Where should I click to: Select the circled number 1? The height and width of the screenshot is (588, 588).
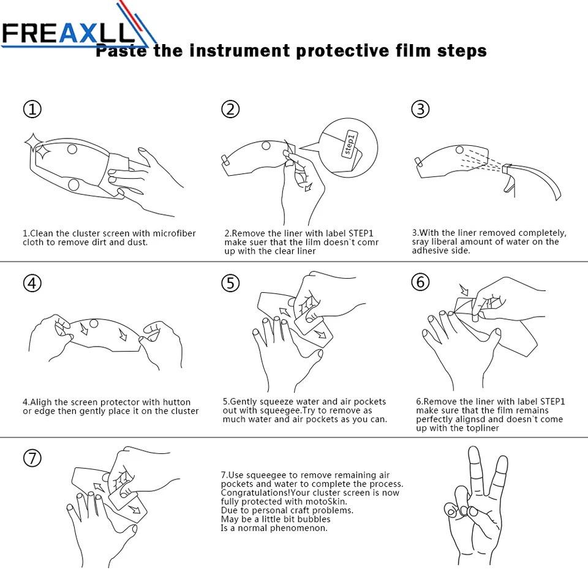(x=32, y=109)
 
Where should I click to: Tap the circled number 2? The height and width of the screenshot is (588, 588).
(x=230, y=109)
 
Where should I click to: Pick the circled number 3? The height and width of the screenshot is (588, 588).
(x=420, y=109)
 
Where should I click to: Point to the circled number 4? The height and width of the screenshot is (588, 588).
(x=32, y=283)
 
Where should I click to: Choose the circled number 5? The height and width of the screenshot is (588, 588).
(x=230, y=283)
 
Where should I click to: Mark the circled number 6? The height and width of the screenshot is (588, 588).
(x=420, y=282)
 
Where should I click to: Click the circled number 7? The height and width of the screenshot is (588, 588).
(x=32, y=458)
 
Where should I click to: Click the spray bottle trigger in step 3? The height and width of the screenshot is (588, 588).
(x=508, y=184)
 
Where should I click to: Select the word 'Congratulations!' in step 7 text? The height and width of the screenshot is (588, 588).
(x=256, y=492)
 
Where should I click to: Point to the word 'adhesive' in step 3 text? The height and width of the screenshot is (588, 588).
(x=428, y=251)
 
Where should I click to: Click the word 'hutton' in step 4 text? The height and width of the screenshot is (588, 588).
(x=176, y=402)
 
